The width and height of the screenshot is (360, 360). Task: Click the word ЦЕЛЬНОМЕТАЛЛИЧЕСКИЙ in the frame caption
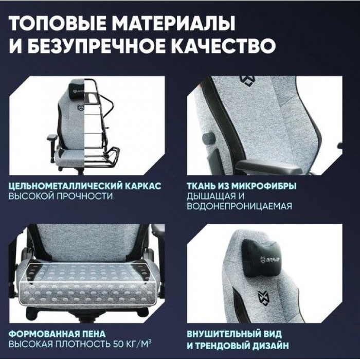click(65, 186)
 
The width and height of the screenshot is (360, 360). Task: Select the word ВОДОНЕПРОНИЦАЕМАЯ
click(240, 206)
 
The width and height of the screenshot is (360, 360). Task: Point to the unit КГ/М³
click(139, 344)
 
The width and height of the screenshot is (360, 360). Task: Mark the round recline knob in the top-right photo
click(208, 138)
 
